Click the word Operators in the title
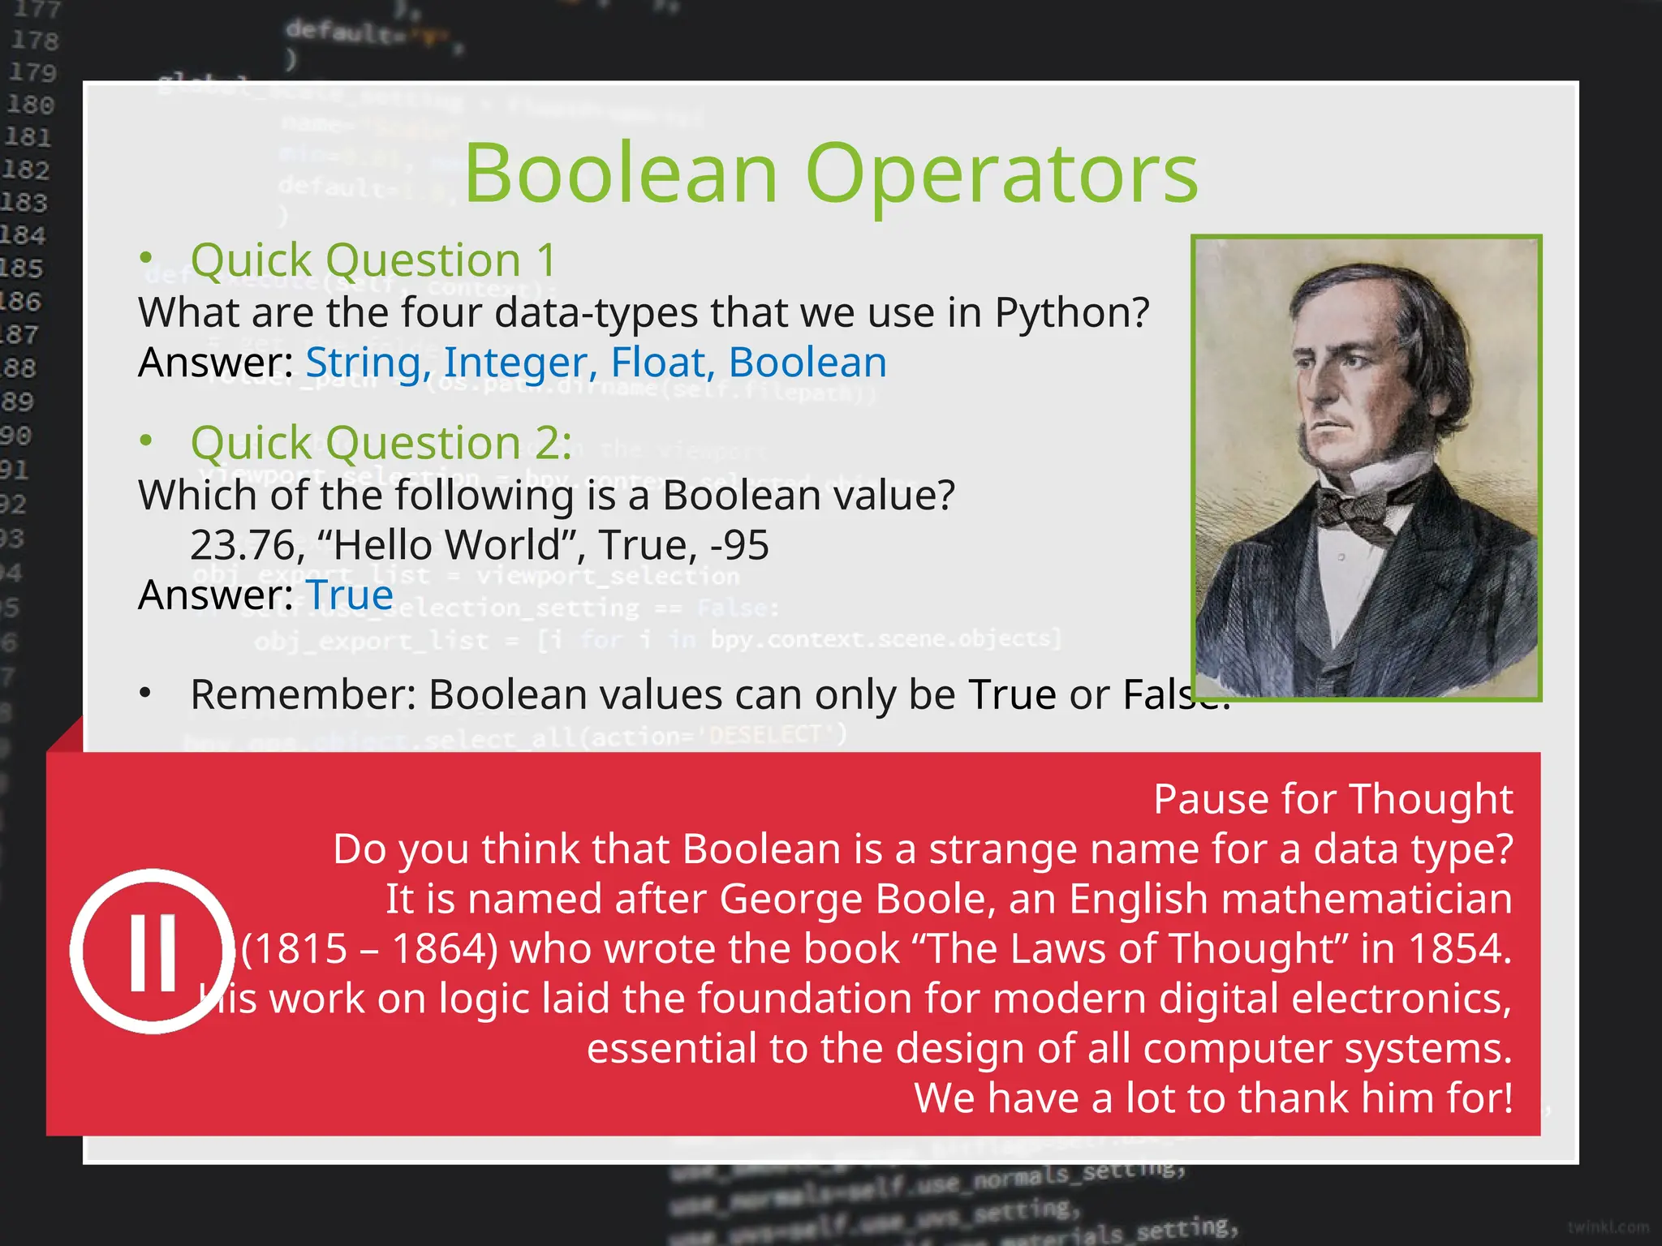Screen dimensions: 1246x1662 pos(1001,174)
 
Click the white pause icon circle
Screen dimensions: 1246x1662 pos(153,951)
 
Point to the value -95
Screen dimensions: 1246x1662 pos(739,545)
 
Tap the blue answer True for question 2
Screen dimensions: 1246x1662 pos(349,595)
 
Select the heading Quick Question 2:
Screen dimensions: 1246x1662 pos(381,443)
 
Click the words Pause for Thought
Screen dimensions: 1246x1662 pos(1333,799)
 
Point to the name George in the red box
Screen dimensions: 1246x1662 pos(778,900)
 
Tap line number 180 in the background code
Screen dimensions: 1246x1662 pos(31,105)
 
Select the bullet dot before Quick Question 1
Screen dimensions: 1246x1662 pos(146,258)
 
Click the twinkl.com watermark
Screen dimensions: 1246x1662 pos(1608,1227)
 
